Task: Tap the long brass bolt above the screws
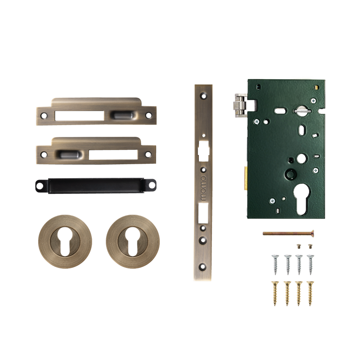[288, 234]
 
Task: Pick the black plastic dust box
[96, 186]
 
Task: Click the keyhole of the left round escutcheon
[65, 241]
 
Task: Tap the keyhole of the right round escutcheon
[132, 241]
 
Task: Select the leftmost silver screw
[275, 265]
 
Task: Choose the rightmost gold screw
[310, 293]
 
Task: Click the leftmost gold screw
[275, 293]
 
